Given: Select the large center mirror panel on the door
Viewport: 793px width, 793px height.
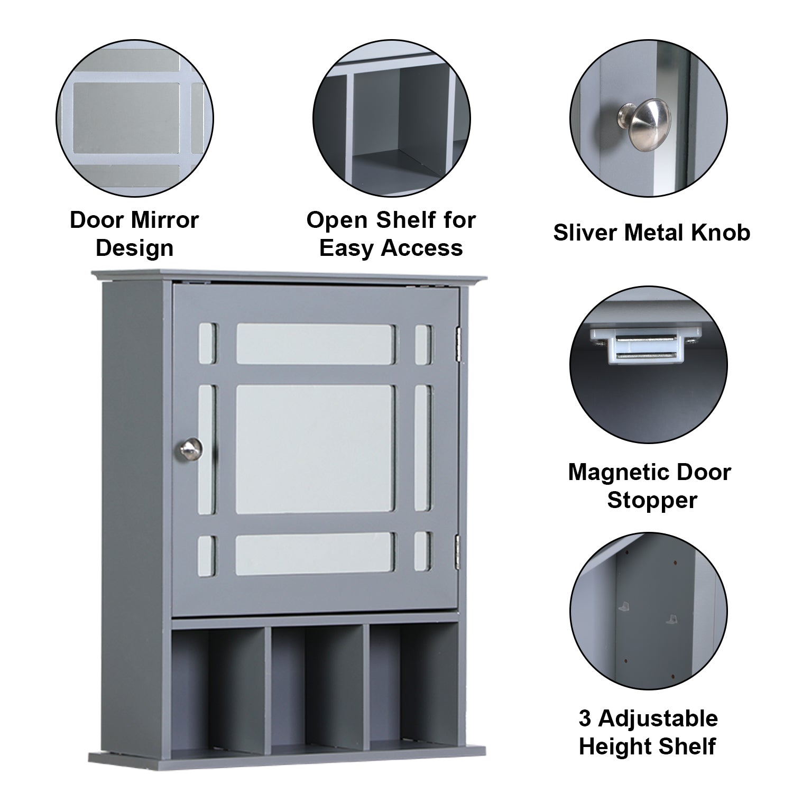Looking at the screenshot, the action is coord(316,448).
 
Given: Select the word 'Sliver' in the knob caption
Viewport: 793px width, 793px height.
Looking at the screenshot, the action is coord(586,233).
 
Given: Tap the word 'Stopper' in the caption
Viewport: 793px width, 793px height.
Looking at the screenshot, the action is coord(652,500).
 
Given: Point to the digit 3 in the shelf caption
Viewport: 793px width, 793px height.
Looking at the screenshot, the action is coord(585,719).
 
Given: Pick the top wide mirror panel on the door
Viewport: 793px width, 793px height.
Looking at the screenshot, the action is coord(315,344).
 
